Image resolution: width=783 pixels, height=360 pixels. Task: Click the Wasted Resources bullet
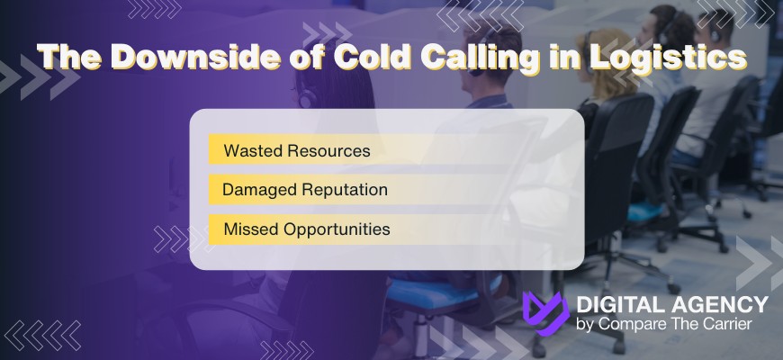(297, 151)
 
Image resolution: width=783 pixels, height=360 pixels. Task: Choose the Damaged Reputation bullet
(305, 190)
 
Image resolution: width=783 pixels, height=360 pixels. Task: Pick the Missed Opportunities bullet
(307, 229)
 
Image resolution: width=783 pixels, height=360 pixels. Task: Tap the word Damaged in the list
(253, 190)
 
